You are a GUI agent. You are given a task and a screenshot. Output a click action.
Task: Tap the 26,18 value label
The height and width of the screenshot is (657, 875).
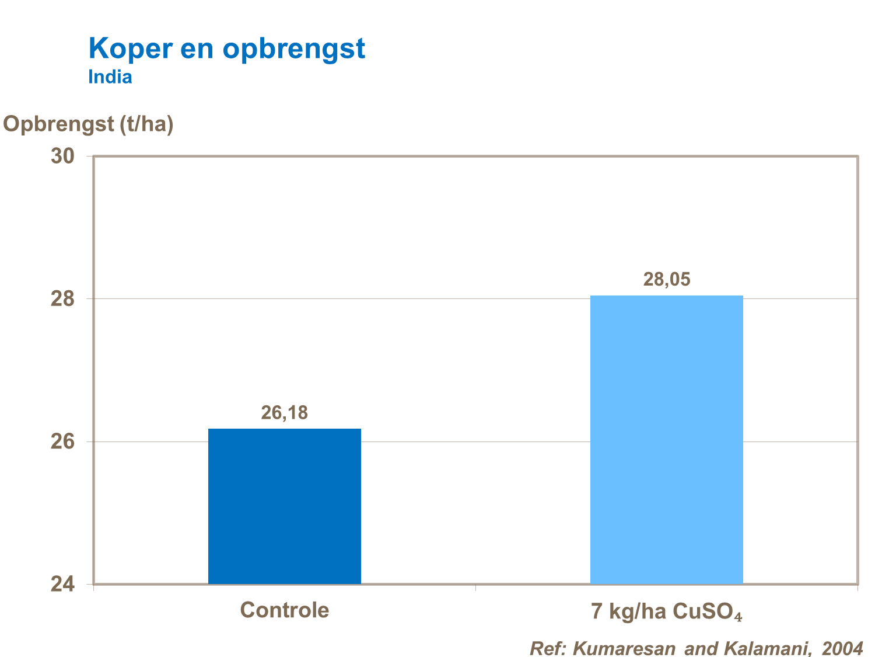284,413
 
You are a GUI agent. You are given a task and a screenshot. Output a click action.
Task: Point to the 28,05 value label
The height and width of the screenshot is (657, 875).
666,280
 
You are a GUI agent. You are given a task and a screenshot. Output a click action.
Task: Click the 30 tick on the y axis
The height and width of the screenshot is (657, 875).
62,157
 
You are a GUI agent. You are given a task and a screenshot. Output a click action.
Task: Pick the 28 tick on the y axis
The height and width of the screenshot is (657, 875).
62,299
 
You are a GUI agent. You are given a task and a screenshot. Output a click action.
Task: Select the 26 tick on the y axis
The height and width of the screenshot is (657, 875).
62,442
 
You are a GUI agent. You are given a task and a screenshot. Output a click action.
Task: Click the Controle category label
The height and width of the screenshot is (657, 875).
284,610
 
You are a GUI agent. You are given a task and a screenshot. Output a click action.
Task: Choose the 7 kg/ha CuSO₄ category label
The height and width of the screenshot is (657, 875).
666,611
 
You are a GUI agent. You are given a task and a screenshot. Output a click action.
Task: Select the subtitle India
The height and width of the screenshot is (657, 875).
110,77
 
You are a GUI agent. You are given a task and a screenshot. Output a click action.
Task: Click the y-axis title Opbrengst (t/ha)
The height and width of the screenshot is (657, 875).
89,124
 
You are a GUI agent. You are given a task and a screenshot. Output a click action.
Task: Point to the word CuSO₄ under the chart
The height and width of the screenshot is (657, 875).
707,611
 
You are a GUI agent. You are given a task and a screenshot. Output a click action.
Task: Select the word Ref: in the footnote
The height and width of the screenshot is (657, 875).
548,648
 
